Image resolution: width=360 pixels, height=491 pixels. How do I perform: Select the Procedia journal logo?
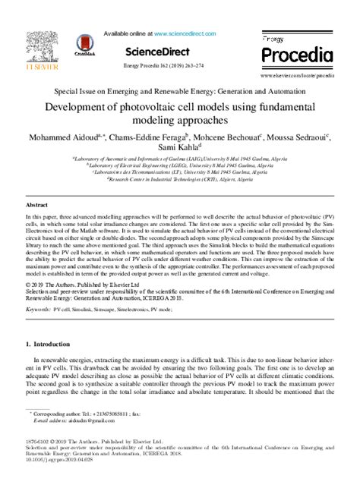pos(297,52)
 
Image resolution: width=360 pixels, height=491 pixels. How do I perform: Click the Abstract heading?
pos(36,206)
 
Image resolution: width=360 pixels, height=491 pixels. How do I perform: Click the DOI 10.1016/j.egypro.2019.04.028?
pos(60,460)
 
